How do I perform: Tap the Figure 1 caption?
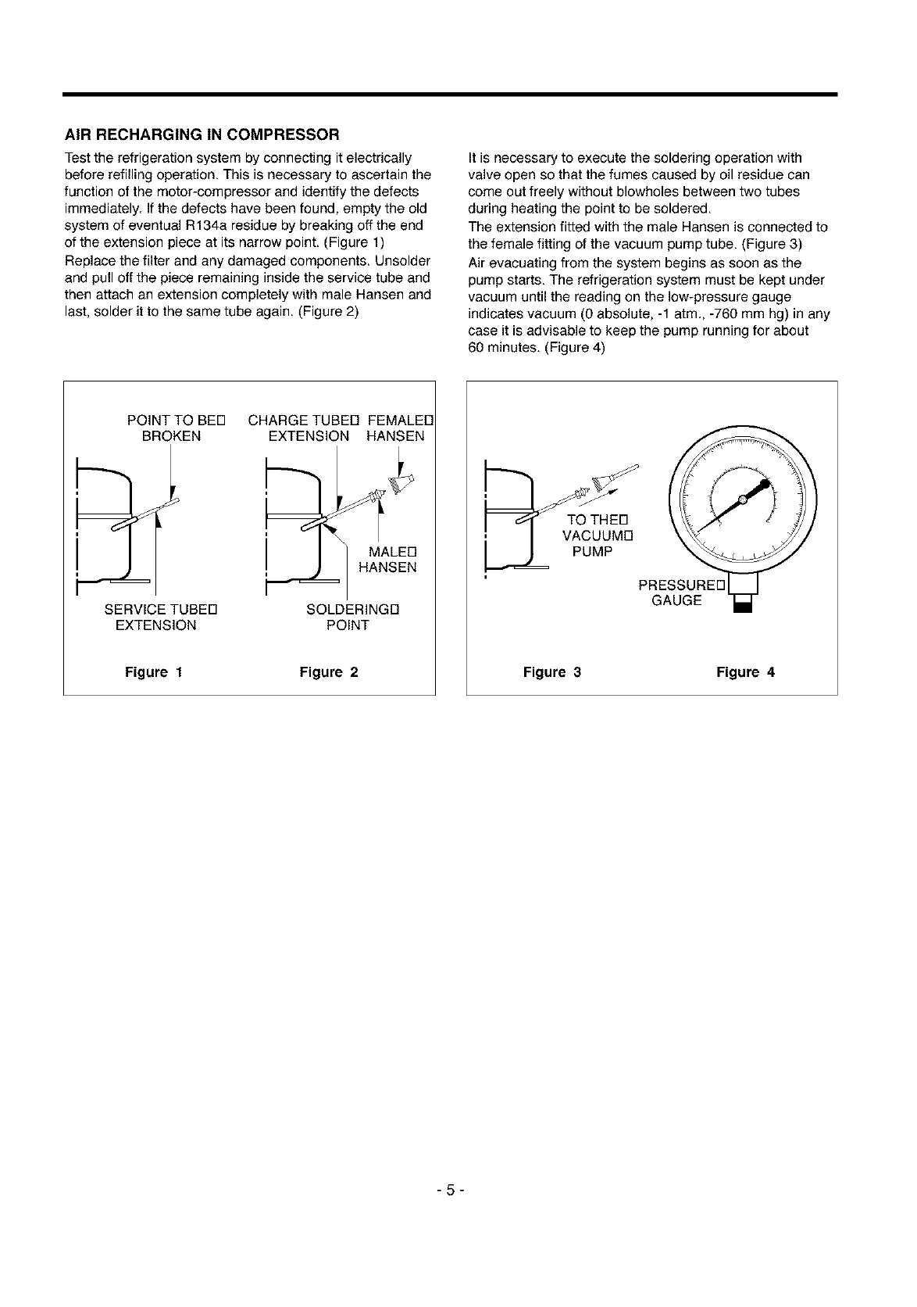coord(154,672)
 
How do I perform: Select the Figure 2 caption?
coord(329,672)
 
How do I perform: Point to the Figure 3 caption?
coord(552,672)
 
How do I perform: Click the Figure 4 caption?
coord(746,672)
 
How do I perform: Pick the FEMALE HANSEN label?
coord(398,428)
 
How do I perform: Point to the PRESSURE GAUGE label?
coord(680,593)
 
